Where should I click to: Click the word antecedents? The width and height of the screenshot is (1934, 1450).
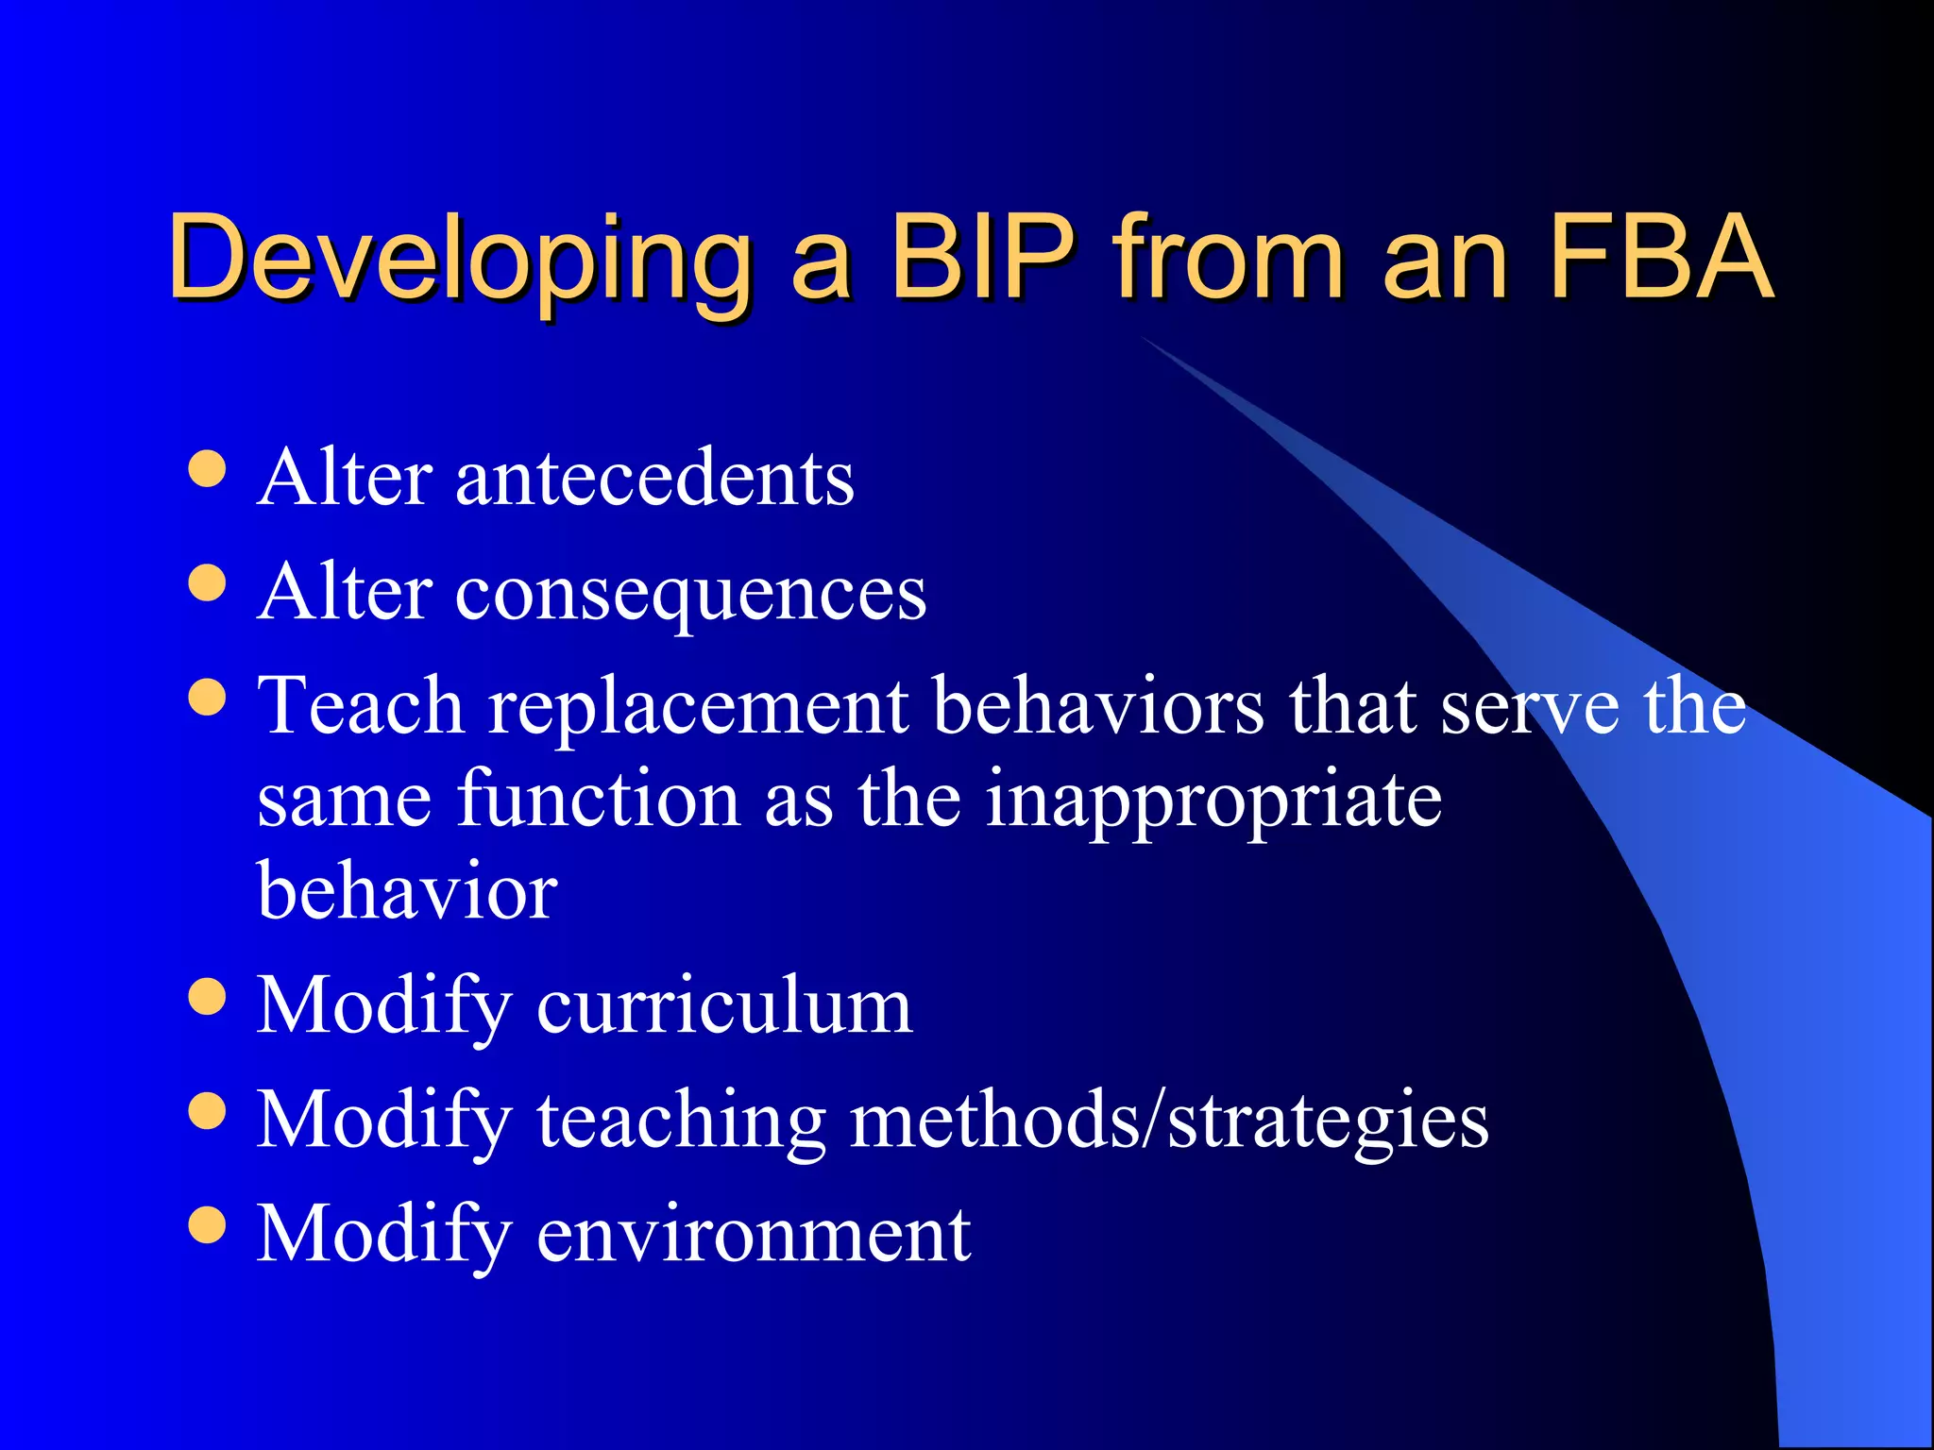[654, 479]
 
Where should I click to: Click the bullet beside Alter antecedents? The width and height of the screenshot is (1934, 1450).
[207, 468]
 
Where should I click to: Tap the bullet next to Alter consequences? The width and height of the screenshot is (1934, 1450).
[207, 583]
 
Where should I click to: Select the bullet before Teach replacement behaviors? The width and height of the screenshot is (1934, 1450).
[207, 698]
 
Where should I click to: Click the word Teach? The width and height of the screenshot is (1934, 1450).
[361, 705]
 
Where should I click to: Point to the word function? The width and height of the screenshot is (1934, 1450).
[599, 799]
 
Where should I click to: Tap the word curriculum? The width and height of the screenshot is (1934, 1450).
[724, 1006]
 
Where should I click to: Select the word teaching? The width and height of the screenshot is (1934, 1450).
[681, 1121]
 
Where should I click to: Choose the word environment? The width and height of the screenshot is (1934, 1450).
[753, 1234]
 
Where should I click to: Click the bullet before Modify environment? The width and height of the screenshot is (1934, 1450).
[207, 1224]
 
